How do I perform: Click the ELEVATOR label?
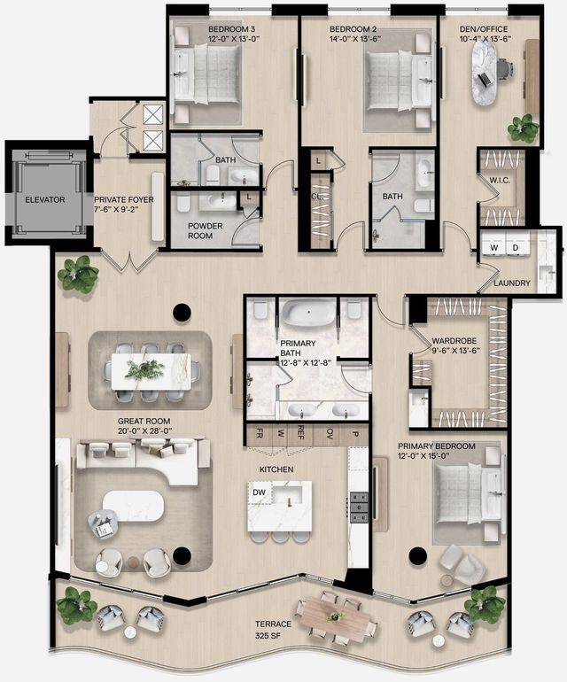point(44,200)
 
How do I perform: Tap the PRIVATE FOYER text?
point(123,205)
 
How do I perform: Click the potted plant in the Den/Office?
point(523,129)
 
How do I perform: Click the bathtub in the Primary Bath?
point(307,314)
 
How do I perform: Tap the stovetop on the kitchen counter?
point(360,507)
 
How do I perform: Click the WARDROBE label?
point(455,341)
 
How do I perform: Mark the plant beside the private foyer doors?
point(78,275)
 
